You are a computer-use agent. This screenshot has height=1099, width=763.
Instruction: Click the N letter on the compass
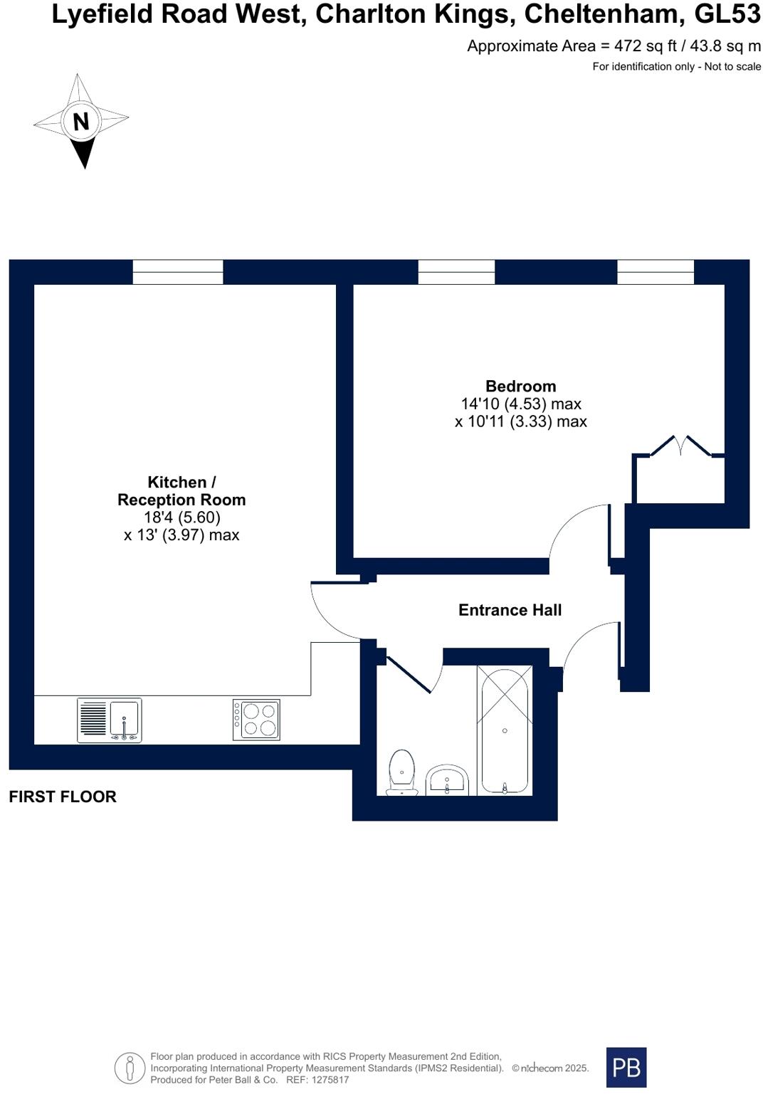pos(81,121)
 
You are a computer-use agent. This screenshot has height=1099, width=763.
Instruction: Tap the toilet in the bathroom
pos(401,772)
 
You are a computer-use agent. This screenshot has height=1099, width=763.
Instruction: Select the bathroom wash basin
pos(446,779)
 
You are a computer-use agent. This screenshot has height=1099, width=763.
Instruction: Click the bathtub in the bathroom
pos(505,730)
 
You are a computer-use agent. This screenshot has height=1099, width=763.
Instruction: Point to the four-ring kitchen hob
pos(256,719)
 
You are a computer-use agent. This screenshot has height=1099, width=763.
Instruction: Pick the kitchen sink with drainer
pos(110,720)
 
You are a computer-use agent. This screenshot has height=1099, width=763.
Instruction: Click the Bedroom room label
pos(520,386)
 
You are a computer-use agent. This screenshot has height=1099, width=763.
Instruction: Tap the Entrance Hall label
pos(510,610)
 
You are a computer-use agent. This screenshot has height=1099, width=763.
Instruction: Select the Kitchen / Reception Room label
pos(181,490)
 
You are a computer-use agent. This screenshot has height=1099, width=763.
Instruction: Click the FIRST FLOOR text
pos(63,796)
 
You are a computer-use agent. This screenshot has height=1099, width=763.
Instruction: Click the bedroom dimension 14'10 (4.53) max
pos(520,404)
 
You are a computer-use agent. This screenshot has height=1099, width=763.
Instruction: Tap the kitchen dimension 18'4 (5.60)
pos(181,517)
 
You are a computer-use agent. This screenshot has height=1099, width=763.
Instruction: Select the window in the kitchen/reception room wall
pos(178,272)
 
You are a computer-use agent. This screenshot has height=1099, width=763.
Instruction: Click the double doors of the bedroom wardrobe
pos(680,446)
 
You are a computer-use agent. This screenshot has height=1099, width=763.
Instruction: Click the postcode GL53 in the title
pos(727,15)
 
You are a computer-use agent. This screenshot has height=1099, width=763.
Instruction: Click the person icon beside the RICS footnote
pos(130,1068)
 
